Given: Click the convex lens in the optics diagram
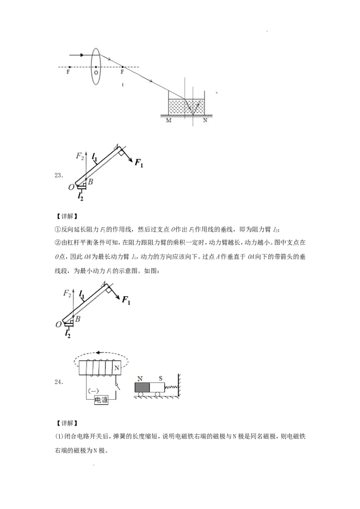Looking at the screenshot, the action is click(x=95, y=66).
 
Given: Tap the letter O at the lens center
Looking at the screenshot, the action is click(x=96, y=73).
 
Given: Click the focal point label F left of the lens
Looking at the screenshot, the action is click(x=68, y=72).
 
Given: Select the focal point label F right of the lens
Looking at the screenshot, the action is click(x=122, y=72).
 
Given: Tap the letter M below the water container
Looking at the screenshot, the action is click(x=169, y=121).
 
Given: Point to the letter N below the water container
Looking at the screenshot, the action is click(x=205, y=121).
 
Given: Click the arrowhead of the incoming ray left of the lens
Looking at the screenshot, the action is click(x=82, y=55).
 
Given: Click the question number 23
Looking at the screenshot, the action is click(x=58, y=176).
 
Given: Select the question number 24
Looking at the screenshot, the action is click(x=58, y=382).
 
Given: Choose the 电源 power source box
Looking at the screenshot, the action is click(x=101, y=400).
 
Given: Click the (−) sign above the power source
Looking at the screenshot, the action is click(x=94, y=391).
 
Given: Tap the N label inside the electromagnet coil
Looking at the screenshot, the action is click(x=116, y=368).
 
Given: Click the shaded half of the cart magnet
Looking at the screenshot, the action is click(x=142, y=388).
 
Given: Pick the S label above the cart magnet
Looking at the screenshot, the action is click(x=161, y=379).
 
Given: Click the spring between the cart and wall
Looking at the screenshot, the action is click(x=171, y=387).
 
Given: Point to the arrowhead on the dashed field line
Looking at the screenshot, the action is click(x=98, y=353).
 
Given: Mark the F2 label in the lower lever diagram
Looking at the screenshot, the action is click(x=67, y=294).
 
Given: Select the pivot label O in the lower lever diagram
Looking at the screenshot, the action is click(x=58, y=324).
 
